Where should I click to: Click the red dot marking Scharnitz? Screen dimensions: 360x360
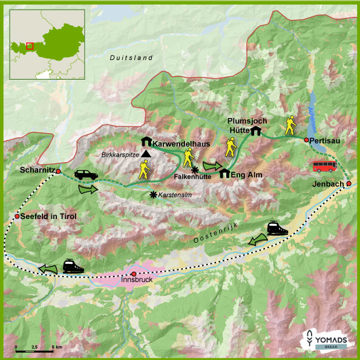[x=59, y=172]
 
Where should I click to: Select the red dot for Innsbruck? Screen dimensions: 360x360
[x=134, y=273]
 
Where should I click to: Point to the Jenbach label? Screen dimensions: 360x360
[x=329, y=183]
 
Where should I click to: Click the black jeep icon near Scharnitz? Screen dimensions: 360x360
[x=85, y=175]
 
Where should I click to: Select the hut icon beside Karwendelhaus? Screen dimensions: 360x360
[x=146, y=141]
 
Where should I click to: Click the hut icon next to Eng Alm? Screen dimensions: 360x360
[x=224, y=174]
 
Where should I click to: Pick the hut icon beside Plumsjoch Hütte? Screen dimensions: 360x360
[x=256, y=131]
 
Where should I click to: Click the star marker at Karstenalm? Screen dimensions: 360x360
[x=153, y=195]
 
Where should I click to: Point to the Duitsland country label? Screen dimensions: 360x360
[x=131, y=57]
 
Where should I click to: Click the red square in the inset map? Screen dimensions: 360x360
[x=30, y=44]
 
